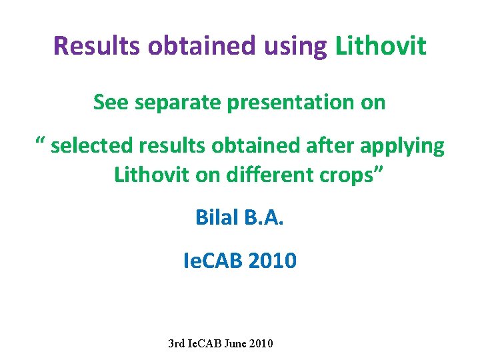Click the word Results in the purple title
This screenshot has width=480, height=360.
97,45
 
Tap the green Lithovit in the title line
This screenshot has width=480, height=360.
381,45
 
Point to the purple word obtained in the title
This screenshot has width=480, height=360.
201,45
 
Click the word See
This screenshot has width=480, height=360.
111,102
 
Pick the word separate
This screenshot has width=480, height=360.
177,103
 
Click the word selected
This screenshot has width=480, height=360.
91,145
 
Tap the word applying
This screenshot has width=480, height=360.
402,147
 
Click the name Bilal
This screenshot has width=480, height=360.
217,217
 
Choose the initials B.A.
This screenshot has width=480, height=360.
263,217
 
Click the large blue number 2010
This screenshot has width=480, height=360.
272,261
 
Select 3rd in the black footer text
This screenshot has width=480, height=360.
176,343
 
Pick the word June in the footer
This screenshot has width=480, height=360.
235,343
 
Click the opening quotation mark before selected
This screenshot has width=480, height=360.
41,141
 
